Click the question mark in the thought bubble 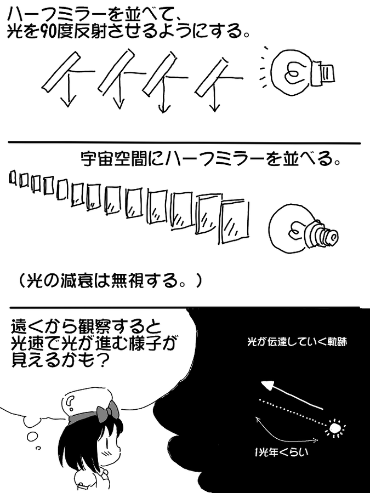click(70, 404)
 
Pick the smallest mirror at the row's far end click(13, 176)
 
